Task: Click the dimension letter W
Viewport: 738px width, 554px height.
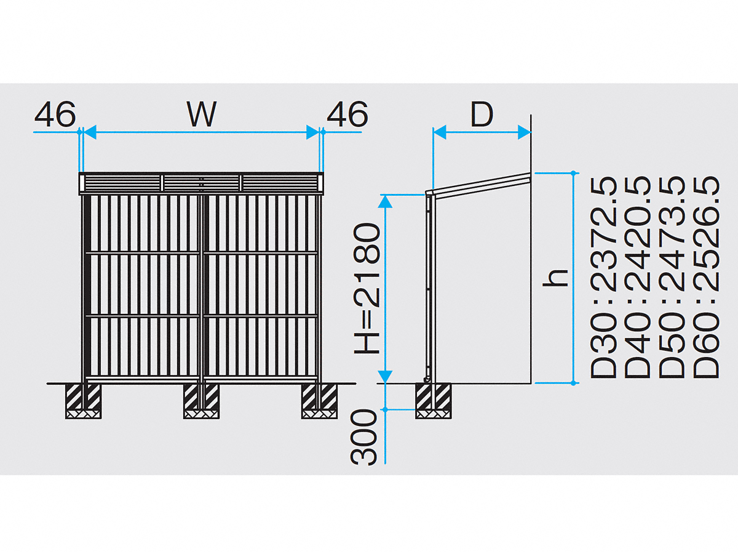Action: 202,114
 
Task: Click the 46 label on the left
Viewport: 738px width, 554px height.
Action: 55,114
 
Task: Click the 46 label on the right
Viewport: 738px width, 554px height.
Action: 347,114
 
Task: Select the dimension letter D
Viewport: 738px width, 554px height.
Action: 482,114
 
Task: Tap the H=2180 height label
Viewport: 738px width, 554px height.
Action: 367,289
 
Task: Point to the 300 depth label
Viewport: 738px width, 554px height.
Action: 363,437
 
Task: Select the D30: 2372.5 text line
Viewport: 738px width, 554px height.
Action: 603,278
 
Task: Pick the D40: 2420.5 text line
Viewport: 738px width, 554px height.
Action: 638,278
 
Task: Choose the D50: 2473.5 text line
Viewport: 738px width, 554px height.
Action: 672,278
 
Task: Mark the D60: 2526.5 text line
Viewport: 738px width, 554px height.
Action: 706,278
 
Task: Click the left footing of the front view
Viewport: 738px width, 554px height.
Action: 84,401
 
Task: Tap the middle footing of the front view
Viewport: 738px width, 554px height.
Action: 201,401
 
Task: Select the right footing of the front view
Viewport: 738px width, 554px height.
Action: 319,401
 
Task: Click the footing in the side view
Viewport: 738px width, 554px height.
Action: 434,401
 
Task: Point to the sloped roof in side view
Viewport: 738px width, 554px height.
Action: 478,185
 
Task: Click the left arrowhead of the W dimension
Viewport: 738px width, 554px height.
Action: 90,132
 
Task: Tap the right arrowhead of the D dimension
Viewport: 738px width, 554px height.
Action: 525,132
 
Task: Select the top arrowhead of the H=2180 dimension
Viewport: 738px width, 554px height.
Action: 386,201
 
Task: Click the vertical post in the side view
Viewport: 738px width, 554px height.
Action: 430,287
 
